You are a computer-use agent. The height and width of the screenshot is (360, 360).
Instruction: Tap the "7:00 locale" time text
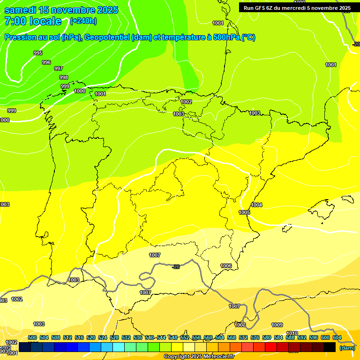pos(33,21)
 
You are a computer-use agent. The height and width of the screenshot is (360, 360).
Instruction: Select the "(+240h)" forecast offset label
pos(83,21)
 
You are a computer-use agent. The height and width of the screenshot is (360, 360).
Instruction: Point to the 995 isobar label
pos(38,53)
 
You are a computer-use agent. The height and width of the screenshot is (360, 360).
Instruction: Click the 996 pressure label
pos(46,62)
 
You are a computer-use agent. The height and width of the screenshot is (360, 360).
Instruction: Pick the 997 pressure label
pos(58,68)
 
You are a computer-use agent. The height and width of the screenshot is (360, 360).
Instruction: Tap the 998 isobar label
pos(64,77)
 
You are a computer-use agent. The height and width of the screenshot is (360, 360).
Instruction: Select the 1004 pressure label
pos(256,205)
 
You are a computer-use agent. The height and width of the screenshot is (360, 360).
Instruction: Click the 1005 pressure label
pos(244,212)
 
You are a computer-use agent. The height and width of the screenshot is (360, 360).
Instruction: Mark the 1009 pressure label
pos(277,325)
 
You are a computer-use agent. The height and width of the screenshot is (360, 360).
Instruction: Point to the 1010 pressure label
pos(292,333)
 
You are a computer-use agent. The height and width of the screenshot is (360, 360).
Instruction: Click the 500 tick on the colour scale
pos(32,337)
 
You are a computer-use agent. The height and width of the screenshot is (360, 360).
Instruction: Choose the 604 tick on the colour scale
pos(337,337)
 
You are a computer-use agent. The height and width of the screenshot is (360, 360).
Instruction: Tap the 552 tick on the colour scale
pos(185,337)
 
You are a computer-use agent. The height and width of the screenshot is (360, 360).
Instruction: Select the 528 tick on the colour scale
pos(114,337)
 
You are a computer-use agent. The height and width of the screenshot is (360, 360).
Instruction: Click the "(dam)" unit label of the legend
pos(347,348)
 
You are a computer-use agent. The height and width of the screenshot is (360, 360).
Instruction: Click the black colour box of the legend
pos(330,347)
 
